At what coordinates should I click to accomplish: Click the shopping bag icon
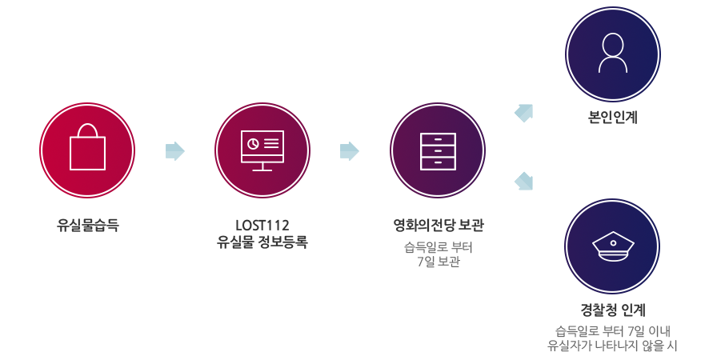(88, 146)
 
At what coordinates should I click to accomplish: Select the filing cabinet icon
(439, 151)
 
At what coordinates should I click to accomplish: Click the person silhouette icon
(613, 54)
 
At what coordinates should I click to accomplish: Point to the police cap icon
(613, 246)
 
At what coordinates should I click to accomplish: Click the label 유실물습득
(88, 225)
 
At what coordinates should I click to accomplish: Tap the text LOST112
(262, 225)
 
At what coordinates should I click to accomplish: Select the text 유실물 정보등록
(262, 242)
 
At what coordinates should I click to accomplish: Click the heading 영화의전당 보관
(439, 225)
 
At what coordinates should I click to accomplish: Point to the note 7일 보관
(439, 262)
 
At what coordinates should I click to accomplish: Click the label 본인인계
(613, 117)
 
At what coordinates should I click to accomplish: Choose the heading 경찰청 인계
(613, 310)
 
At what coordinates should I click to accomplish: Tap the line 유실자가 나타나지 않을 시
(613, 346)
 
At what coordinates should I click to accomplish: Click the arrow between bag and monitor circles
(174, 151)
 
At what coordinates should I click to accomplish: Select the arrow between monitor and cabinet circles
(349, 151)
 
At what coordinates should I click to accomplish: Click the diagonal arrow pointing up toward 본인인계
(524, 113)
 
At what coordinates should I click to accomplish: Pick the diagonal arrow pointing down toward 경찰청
(524, 181)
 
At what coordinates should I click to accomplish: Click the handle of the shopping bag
(88, 130)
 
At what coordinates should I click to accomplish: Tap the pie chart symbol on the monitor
(253, 143)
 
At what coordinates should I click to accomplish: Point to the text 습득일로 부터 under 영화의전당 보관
(439, 247)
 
